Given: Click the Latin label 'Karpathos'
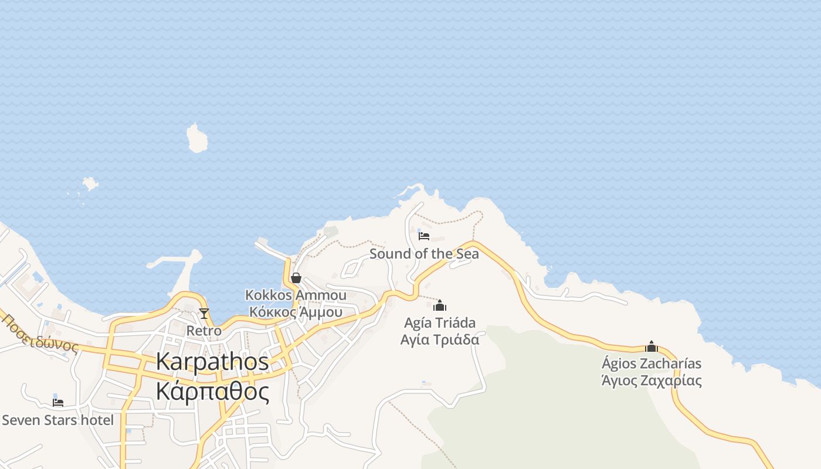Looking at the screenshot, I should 212,362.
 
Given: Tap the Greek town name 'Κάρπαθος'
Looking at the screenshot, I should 212,391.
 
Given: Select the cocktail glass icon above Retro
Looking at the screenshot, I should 204,314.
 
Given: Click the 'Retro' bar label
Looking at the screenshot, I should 204,331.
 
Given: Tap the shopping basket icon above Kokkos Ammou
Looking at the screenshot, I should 296,278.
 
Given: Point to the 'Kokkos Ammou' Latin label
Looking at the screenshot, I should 296,295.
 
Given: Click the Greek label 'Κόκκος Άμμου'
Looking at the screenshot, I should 296,312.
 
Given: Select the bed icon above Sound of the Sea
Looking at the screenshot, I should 424,236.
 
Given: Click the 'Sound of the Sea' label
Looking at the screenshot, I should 424,254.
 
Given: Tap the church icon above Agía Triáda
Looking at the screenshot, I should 440,305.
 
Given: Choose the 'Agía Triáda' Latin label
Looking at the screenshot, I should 440,322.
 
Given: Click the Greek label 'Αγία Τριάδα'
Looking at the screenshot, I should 440,339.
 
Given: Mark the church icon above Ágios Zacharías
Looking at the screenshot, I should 652,346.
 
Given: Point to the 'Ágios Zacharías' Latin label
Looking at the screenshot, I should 652,363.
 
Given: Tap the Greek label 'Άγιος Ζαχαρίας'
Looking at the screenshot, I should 652,380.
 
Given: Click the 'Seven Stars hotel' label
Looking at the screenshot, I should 57,420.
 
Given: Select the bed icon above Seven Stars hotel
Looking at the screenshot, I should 57,402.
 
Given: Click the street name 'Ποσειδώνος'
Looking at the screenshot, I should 40,334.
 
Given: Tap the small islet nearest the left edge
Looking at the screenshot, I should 90,183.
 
